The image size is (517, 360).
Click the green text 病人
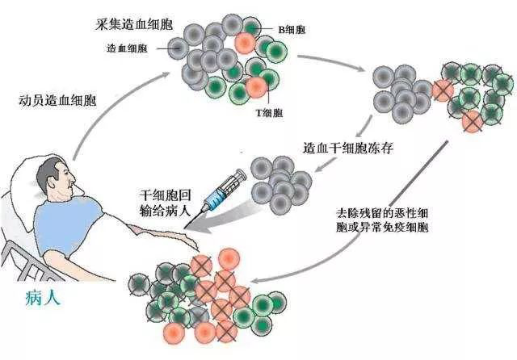click(x=41, y=297)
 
